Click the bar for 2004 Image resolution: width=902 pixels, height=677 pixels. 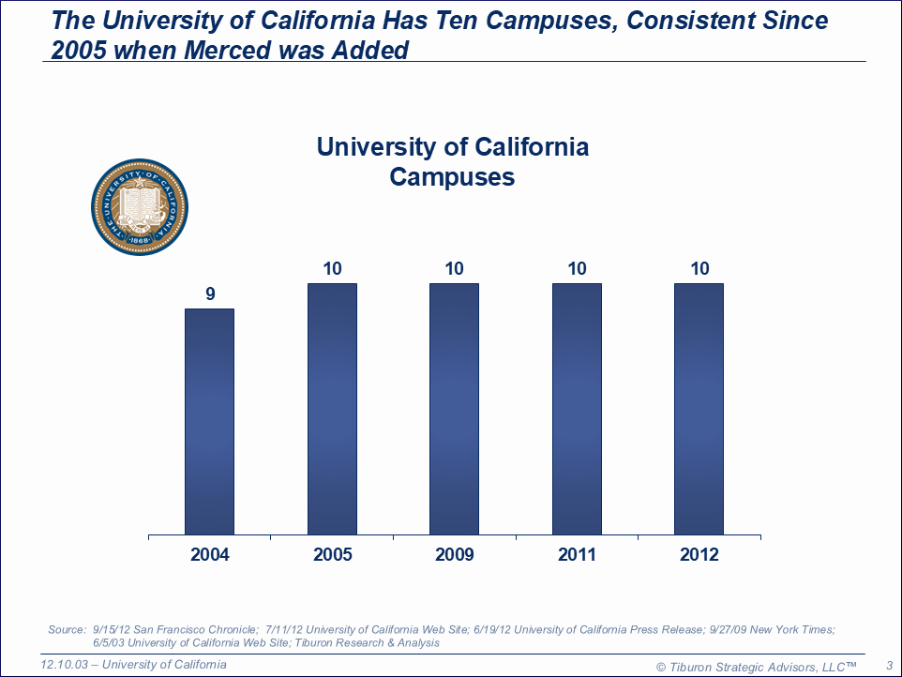coord(209,422)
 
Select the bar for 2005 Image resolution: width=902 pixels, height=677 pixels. coord(332,409)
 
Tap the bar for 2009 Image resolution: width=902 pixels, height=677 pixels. coord(454,409)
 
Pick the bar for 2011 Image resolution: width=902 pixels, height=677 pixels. coord(577,409)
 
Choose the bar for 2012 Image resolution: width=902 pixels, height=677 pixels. coord(699,409)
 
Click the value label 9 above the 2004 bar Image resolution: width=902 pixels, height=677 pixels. coord(210,293)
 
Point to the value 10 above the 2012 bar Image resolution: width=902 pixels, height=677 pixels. coord(699,269)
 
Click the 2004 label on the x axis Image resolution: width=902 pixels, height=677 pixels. coord(210,555)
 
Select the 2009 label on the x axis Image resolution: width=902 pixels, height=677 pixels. coord(454,555)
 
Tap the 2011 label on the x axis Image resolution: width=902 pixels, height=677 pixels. coord(577,555)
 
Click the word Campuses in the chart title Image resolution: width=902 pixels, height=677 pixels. coord(452,176)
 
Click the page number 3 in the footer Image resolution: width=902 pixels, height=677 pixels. coord(888,665)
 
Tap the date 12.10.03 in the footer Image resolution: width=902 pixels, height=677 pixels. coord(67,665)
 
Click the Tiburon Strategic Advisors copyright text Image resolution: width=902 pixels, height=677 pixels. coord(757,666)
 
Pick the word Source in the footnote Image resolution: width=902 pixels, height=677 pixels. coord(67,629)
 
